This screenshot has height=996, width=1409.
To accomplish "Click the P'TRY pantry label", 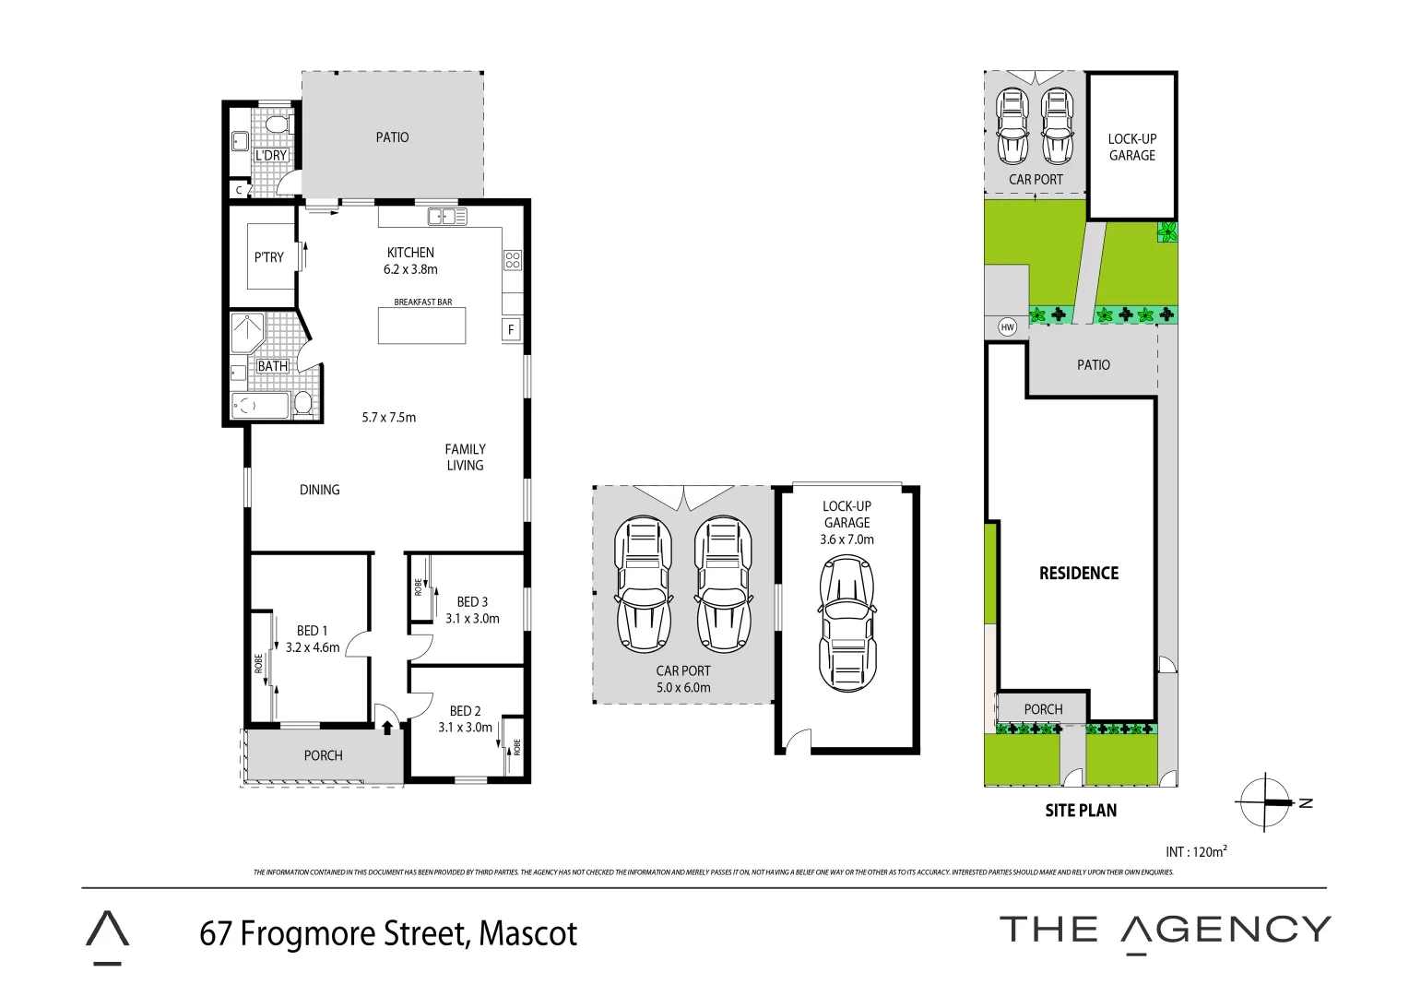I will click(x=269, y=257).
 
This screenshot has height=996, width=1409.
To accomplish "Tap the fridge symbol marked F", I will click(x=511, y=330).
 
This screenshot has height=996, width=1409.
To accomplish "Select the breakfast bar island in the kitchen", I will click(x=421, y=326).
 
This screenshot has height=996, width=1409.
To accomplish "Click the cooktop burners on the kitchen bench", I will click(x=513, y=260).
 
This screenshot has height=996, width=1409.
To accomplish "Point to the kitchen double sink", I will click(x=447, y=217).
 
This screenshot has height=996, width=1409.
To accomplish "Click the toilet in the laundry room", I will click(x=277, y=125).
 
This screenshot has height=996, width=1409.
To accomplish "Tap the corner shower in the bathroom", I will click(x=247, y=333).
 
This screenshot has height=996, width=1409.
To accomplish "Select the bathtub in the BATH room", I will click(x=260, y=406).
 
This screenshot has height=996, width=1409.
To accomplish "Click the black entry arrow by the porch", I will click(x=387, y=728).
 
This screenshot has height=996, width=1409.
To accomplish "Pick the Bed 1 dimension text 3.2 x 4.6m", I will click(x=313, y=647).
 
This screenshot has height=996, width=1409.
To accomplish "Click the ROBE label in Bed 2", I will click(x=517, y=746).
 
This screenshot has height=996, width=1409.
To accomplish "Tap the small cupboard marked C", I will click(x=239, y=190).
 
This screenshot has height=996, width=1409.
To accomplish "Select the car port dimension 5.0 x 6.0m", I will click(x=683, y=687).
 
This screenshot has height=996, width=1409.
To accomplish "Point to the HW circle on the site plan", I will click(x=1008, y=327).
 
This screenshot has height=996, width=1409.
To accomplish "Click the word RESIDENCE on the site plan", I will click(x=1078, y=574).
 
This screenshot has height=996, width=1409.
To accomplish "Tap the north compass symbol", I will click(x=1265, y=803).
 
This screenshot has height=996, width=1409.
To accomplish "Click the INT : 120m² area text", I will click(x=1196, y=852).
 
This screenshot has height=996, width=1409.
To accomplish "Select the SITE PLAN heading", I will click(x=1081, y=811).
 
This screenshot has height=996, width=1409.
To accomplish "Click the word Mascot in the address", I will click(x=527, y=933).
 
